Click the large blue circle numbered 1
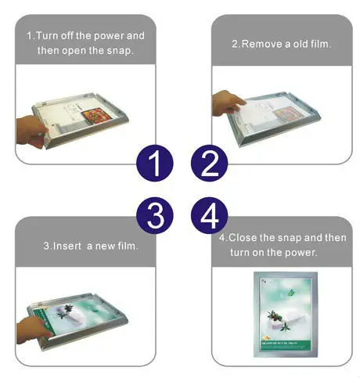click(x=155, y=163)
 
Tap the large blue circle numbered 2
click(x=209, y=163)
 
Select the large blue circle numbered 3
click(x=155, y=215)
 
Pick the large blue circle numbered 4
click(x=209, y=215)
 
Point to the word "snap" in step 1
click(x=119, y=51)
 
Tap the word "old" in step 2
click(x=301, y=44)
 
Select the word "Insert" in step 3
click(x=67, y=246)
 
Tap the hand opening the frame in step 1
click(x=32, y=131)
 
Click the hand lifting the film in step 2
click(x=229, y=103)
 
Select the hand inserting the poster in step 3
click(x=34, y=330)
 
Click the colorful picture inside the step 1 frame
click(x=93, y=116)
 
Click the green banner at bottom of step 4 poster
click(x=286, y=345)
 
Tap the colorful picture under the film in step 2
click(x=286, y=114)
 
